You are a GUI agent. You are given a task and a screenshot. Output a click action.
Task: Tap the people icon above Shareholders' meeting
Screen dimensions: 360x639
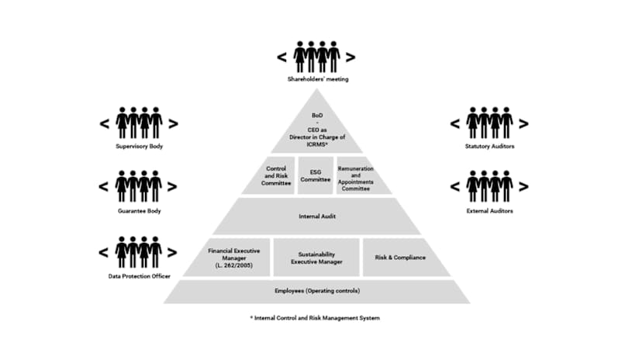coord(316,57)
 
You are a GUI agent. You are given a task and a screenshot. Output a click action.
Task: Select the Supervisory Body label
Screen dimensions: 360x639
coord(139,146)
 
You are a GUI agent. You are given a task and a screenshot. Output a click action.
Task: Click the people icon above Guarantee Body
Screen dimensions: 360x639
coord(139,187)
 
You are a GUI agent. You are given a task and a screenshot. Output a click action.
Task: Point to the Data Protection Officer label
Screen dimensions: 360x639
coord(139,276)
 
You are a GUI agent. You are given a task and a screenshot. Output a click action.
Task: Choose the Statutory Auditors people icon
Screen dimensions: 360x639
coord(489,123)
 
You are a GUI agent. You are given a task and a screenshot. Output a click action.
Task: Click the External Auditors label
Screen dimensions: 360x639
coord(489,211)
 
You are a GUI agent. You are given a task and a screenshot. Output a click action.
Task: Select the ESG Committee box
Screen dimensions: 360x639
coord(316,175)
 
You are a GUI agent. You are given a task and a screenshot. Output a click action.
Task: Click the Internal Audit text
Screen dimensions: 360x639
coord(316,216)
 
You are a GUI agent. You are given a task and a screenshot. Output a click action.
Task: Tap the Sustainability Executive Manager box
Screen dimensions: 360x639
coord(316,258)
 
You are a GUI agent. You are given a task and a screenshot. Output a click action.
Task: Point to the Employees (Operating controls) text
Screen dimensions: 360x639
coord(316,291)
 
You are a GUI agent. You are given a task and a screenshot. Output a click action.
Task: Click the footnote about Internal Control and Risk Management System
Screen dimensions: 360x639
coord(316,318)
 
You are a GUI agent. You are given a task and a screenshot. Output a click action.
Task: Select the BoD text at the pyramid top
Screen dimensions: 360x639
coord(316,113)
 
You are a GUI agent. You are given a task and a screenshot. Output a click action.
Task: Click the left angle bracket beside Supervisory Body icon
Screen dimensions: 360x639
coord(104,123)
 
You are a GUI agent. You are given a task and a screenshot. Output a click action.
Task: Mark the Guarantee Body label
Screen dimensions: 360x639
coord(139,211)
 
